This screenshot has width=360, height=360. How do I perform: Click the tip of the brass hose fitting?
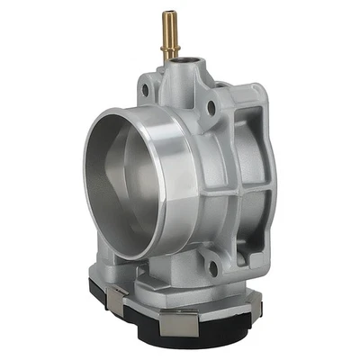coord(166,14)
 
